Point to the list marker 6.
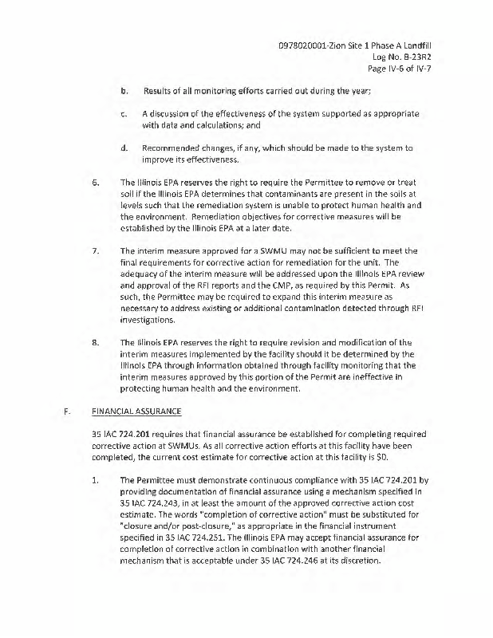click(95, 182)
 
